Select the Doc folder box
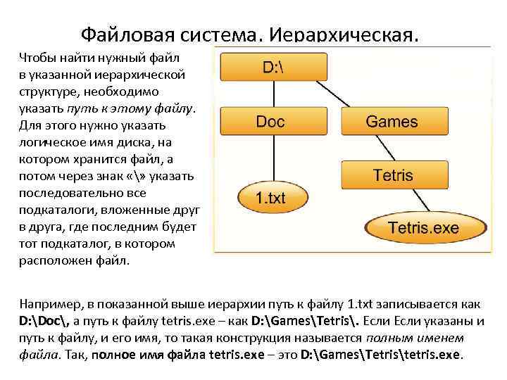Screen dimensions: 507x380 pos(270,121)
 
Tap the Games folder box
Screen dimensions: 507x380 pos(391,121)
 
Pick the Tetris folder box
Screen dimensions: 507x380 pos(392,174)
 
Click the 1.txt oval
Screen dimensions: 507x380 pos(270,198)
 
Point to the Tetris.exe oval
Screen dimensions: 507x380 pos(424,228)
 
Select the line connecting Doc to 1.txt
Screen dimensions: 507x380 pos(270,158)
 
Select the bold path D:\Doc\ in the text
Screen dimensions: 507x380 pos(46,321)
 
